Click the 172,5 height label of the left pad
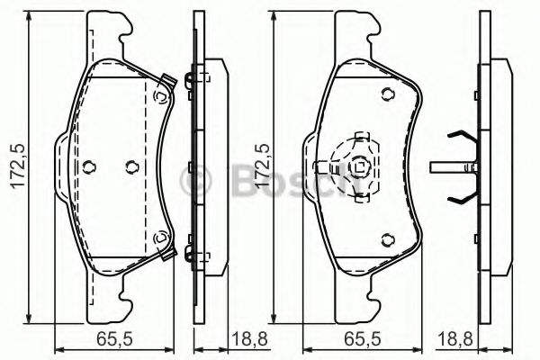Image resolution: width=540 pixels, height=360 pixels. (19, 166)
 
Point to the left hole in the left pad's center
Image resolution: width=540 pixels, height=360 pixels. (89, 166)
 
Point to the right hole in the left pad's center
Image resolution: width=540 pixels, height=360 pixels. (132, 166)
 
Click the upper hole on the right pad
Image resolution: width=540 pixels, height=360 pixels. (387, 94)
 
